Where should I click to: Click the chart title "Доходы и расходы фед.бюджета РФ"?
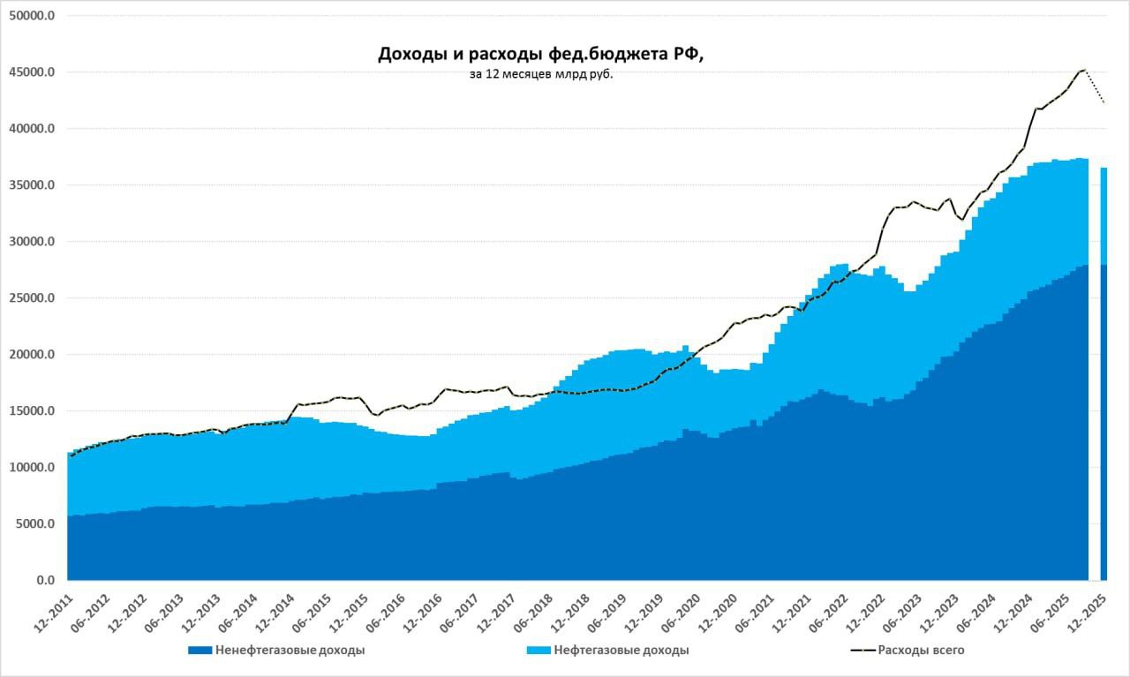point(541,55)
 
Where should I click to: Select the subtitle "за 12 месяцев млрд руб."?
point(541,75)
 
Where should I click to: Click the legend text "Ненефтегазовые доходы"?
point(290,651)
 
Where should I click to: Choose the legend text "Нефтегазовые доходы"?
point(621,651)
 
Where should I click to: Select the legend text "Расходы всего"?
point(921,651)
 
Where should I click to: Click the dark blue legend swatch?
point(200,651)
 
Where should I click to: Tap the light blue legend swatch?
point(539,651)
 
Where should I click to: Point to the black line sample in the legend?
point(862,651)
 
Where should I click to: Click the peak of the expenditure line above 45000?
point(1082,69)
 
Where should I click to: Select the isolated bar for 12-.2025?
point(1104,371)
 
